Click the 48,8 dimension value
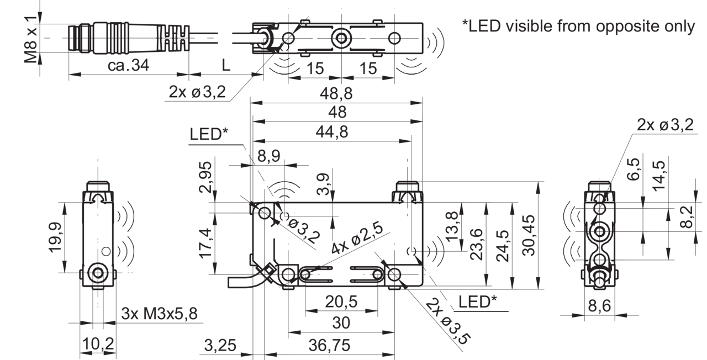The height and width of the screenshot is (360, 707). (336, 93)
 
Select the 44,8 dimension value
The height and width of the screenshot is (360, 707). (332, 131)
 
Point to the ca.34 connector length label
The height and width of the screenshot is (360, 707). (128, 65)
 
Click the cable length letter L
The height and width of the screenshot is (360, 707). (226, 65)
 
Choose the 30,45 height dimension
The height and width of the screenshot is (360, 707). (529, 235)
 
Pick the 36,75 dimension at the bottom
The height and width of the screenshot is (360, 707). (329, 345)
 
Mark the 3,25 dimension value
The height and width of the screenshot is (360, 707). (220, 345)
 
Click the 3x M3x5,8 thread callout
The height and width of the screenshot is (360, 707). (160, 313)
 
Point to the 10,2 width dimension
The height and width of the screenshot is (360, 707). (98, 343)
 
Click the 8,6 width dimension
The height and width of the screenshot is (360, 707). (599, 306)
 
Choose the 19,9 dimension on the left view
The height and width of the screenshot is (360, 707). (55, 237)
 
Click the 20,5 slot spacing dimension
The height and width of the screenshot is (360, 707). (341, 301)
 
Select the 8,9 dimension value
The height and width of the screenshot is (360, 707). (269, 156)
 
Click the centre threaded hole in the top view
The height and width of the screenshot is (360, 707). (341, 38)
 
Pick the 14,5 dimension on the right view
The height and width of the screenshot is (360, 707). (659, 176)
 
